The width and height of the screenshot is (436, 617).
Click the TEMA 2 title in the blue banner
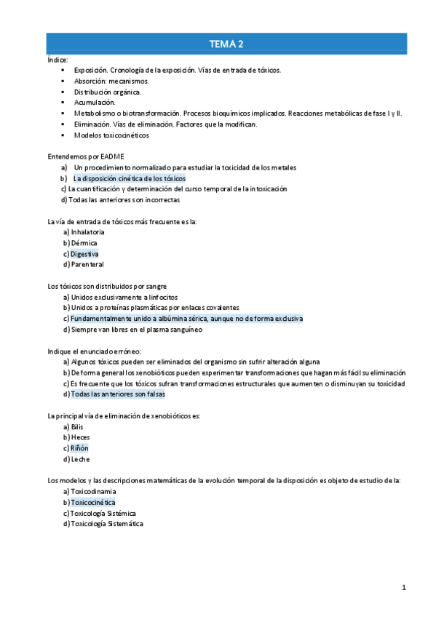tap(226, 44)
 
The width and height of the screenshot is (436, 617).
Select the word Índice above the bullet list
tap(58, 60)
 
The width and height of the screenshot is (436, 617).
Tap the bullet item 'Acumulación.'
tap(95, 103)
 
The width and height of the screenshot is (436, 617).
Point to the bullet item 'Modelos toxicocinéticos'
tap(111, 135)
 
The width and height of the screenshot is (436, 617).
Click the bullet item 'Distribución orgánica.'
tap(108, 92)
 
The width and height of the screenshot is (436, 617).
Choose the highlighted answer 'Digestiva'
tap(84, 254)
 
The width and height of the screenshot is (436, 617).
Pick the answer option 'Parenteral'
tap(87, 265)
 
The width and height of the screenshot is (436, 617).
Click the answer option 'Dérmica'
tap(84, 243)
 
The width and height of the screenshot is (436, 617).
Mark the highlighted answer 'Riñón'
tap(79, 448)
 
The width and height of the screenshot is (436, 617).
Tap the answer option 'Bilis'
tap(77, 426)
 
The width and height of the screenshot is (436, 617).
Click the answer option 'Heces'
tap(80, 437)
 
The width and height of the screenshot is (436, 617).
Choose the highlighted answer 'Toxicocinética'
tap(92, 502)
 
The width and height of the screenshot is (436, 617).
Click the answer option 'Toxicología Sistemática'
tap(106, 524)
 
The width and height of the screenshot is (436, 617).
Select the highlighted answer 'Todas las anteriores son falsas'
tap(118, 394)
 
